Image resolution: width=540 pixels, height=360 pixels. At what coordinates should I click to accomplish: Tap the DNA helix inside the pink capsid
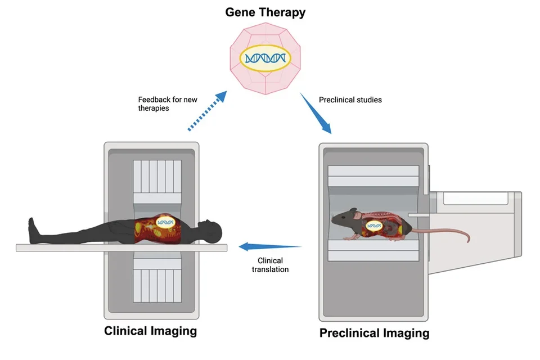point(264,58)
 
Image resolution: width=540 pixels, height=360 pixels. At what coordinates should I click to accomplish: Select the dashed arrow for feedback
point(206,111)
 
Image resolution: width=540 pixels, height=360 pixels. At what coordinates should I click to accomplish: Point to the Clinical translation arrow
point(270,246)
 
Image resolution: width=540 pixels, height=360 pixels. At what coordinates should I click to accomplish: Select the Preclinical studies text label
point(350,100)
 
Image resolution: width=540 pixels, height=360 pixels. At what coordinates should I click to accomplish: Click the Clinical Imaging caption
point(151,331)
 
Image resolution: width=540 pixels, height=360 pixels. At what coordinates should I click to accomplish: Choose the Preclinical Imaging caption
point(374,333)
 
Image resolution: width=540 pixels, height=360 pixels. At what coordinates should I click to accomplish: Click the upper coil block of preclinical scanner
point(374,183)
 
